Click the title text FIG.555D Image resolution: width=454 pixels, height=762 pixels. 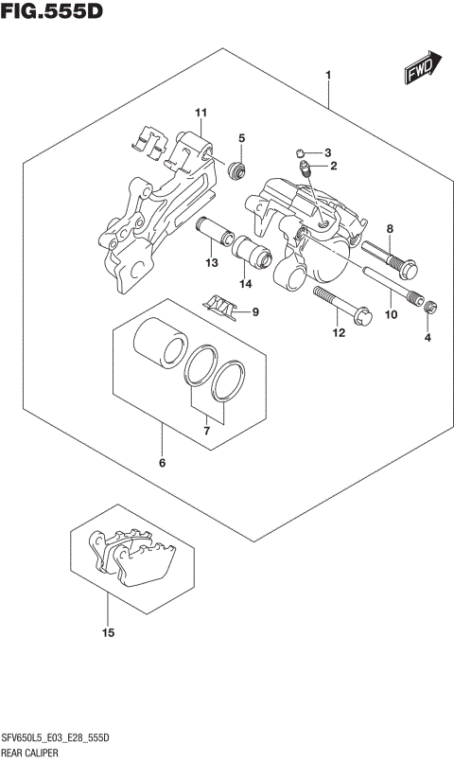click(52, 11)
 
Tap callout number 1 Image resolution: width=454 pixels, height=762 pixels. click(328, 75)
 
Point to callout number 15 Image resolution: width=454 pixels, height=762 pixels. click(108, 632)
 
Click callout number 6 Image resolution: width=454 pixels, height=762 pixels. click(162, 463)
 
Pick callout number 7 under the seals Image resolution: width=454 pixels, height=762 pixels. click(208, 432)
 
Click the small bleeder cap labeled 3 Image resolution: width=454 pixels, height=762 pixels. click(299, 151)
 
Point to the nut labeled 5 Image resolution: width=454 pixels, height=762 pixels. click(237, 171)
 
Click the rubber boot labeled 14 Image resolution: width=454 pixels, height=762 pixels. click(254, 255)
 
